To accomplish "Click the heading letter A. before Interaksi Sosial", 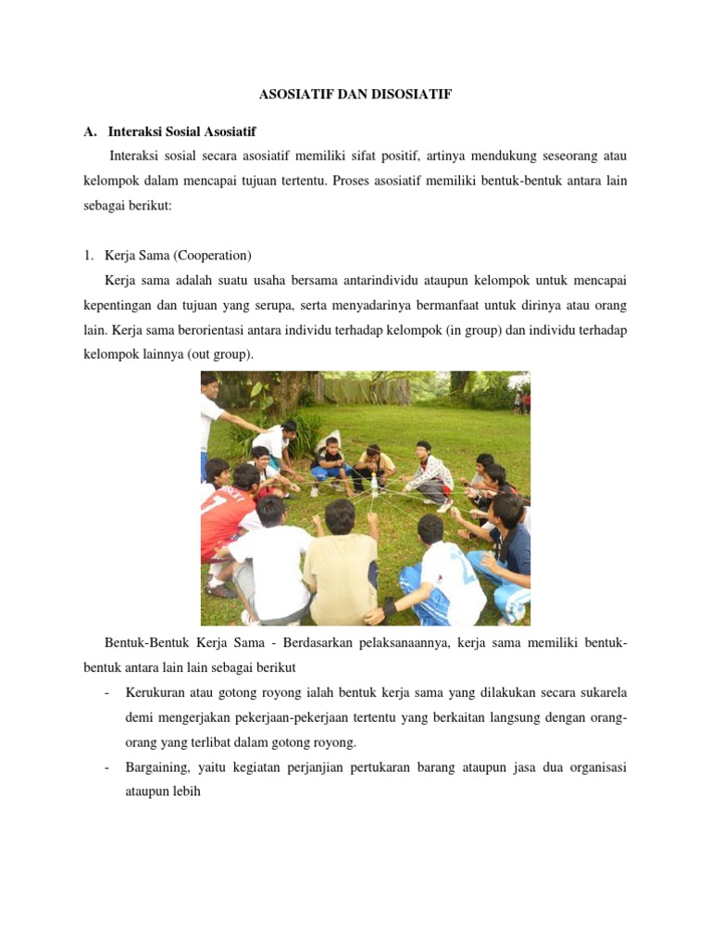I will coord(90,133).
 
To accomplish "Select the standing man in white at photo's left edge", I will coord(210,417).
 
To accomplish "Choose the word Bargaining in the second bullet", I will coord(156,767).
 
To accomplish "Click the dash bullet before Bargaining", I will coord(108,767).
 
